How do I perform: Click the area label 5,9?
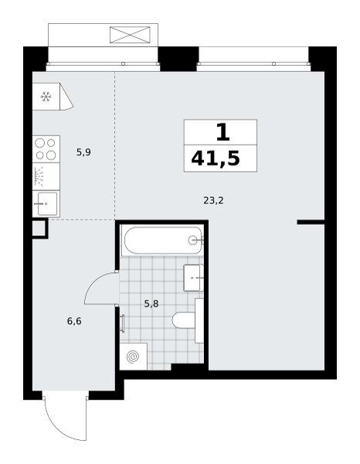point(83,152)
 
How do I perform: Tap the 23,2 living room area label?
point(213,200)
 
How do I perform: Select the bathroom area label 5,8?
point(151,303)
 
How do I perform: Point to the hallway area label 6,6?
point(74,321)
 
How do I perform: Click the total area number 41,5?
point(216,159)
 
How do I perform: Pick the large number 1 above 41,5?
point(223,132)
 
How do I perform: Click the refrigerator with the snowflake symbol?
point(53,97)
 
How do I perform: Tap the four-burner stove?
point(46,148)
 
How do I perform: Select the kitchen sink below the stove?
point(46,204)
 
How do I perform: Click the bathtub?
point(162,240)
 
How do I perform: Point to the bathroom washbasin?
point(193,278)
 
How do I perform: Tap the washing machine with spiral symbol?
point(134,357)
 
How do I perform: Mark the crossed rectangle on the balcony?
point(130,35)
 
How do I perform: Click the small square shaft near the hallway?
point(39,228)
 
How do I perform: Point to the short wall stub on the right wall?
point(311,222)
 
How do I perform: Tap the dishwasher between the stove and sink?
point(46,176)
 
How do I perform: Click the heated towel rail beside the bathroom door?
point(122,324)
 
